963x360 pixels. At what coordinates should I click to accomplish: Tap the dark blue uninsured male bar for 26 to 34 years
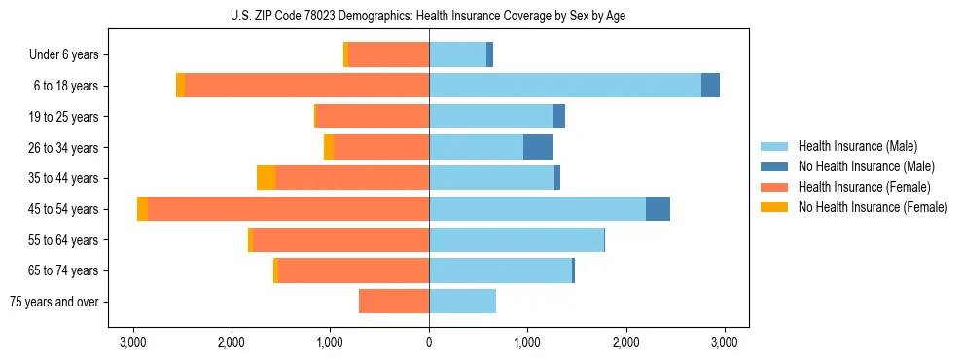pos(538,147)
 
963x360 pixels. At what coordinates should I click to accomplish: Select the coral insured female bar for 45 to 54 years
pos(288,209)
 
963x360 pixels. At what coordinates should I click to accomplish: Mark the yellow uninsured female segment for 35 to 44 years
pos(266,178)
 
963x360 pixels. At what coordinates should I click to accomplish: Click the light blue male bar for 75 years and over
pos(463,302)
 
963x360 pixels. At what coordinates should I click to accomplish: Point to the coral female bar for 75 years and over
pos(394,302)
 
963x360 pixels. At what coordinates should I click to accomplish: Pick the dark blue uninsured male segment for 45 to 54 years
pos(658,209)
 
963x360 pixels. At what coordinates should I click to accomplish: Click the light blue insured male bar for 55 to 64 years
pos(517,239)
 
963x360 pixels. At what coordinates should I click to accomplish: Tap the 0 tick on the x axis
pos(429,342)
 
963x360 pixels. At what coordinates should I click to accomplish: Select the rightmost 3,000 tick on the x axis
pos(724,342)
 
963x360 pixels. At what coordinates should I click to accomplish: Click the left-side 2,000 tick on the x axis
pos(232,342)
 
